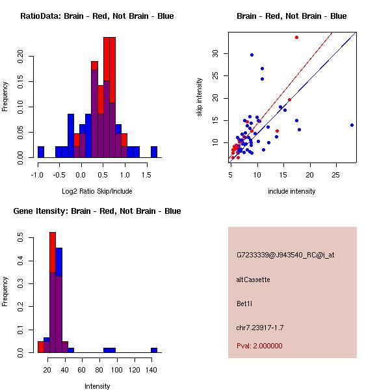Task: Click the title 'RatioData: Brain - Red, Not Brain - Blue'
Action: (97, 16)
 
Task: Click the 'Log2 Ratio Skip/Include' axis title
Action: (97, 191)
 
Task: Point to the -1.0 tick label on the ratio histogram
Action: (37, 175)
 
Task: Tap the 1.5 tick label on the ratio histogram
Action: (146, 175)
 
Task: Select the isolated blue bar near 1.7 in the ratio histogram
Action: (154, 152)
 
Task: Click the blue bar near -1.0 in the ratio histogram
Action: (41, 152)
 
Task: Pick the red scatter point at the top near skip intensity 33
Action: (297, 38)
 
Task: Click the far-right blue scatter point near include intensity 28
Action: (352, 125)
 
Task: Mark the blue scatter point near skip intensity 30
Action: (252, 55)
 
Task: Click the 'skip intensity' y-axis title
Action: (200, 97)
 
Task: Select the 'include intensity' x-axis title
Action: (291, 191)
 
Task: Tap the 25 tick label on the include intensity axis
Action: (335, 175)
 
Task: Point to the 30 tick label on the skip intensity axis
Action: (215, 53)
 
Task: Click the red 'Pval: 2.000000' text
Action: (259, 346)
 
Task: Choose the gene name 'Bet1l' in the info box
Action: (244, 304)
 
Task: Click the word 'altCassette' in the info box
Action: (253, 279)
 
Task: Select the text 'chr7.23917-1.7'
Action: (260, 328)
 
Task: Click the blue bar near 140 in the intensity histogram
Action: (154, 350)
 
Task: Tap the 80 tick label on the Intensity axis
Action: (99, 370)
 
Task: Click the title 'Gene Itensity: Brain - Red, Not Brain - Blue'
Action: (97, 211)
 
